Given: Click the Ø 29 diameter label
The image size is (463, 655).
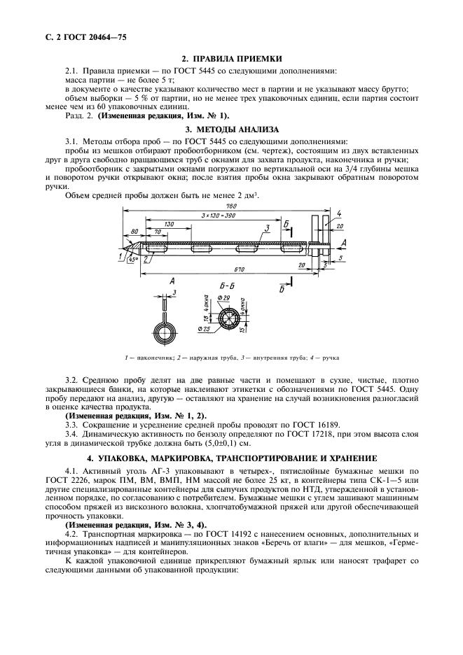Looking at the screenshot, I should [x=225, y=300].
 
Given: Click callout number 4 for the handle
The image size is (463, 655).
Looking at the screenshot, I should [x=338, y=213].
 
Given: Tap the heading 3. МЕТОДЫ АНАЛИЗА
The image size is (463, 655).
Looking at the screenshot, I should [x=231, y=129].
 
